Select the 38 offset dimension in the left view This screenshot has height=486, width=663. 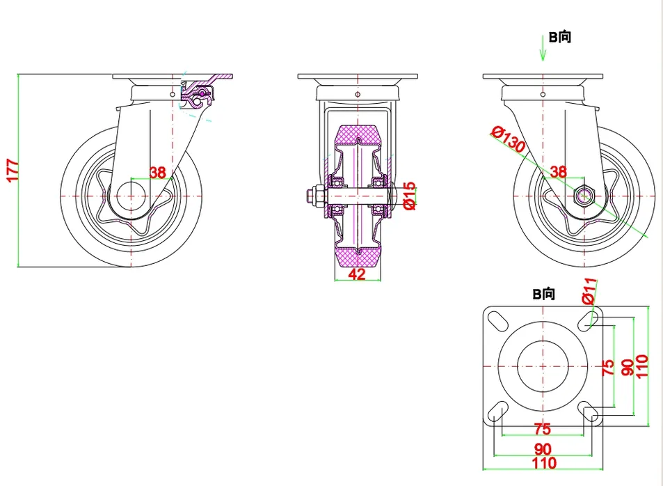pos(158,173)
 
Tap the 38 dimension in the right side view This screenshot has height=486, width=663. pos(558,171)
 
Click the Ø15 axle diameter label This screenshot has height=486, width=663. pos(409,196)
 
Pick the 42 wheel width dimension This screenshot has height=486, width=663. pos(357,274)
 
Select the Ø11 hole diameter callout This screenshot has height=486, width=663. pos(589,290)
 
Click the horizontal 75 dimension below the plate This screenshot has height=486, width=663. pos(542,429)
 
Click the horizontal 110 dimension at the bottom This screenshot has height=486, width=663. pos(543,462)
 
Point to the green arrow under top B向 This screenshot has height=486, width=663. pos(543,49)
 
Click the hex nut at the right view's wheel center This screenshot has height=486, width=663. pos(584,196)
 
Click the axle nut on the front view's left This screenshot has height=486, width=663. pos(312,197)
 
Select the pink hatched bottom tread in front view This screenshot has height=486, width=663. pos(358,258)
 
